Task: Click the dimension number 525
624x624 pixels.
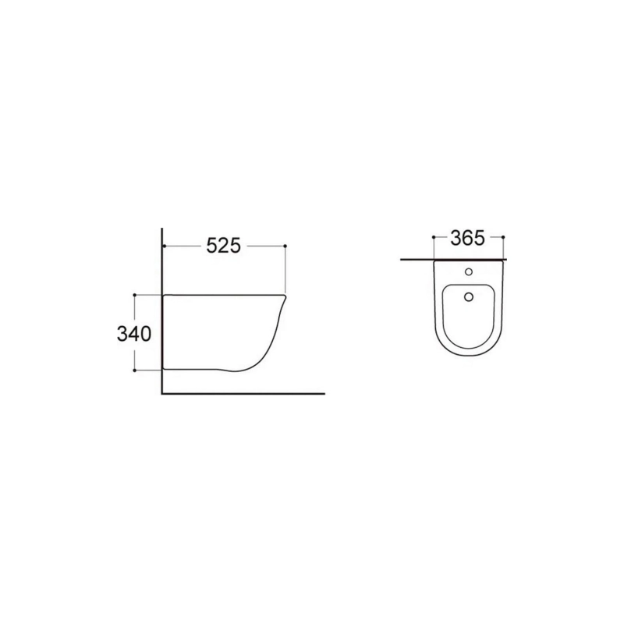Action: (x=224, y=246)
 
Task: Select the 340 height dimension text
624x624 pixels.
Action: (x=134, y=334)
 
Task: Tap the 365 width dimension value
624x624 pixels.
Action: (x=467, y=239)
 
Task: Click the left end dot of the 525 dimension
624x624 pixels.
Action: (x=165, y=246)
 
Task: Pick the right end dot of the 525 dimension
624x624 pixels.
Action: (x=285, y=246)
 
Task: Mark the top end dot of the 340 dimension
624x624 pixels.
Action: (x=134, y=295)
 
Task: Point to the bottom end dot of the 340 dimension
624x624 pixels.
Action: (x=134, y=370)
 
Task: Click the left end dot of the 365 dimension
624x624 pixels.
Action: (x=434, y=237)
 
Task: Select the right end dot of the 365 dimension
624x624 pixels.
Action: (x=503, y=237)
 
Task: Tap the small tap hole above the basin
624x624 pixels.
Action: (x=469, y=271)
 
